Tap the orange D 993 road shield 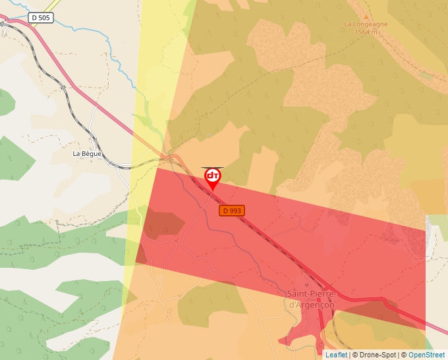click(x=232, y=211)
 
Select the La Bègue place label click(x=87, y=153)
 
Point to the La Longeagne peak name click(x=366, y=24)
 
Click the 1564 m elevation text click(x=366, y=32)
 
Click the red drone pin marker click(x=213, y=178)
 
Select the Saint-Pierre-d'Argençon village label click(x=312, y=299)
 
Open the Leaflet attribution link click(x=336, y=355)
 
